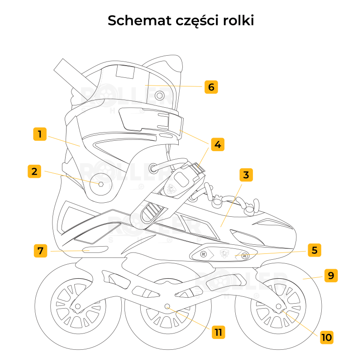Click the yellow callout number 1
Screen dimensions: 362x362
pos(40,134)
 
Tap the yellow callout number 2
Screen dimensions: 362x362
pos(34,171)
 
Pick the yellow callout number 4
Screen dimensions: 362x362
pos(218,144)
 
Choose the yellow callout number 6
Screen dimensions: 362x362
pos(211,86)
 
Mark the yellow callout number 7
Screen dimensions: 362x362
pos(41,251)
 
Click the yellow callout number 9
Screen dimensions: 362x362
pos(331,276)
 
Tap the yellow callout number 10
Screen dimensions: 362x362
pos(326,337)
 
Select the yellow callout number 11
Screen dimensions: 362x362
pos(218,332)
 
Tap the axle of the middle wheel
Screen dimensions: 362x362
pos(168,307)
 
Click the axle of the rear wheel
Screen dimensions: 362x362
pos(77,307)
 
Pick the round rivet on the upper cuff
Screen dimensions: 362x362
pos(159,95)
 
